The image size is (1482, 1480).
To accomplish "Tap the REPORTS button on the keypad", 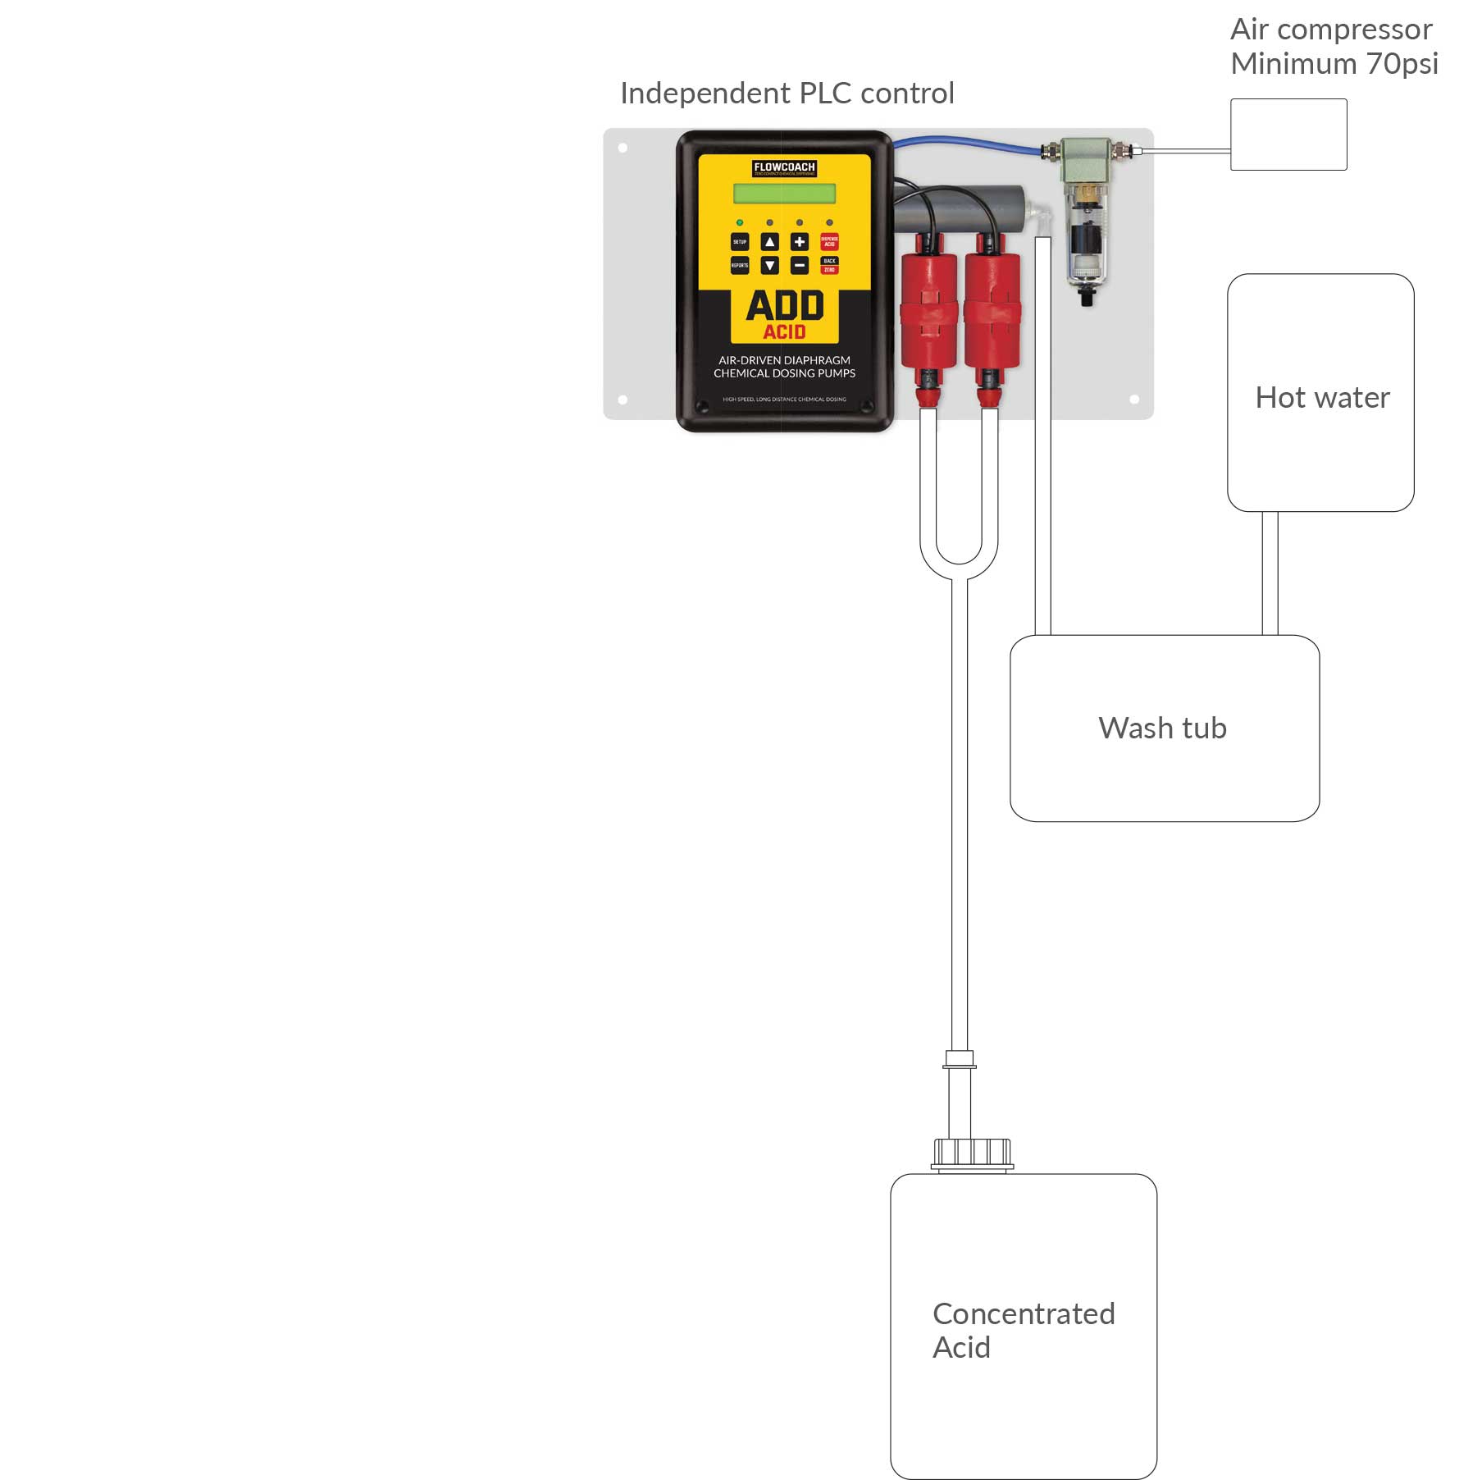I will point(739,265).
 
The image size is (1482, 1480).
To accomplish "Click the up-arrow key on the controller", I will point(769,242).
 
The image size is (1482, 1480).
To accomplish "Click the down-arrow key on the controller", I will point(769,265).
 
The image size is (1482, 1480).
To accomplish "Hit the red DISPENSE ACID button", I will point(829,242).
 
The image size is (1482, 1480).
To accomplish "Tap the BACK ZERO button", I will point(829,265).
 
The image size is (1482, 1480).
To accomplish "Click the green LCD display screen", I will point(784,194).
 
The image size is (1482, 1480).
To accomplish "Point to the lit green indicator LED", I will point(740,222).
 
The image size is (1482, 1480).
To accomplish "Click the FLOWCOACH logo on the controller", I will point(784,167).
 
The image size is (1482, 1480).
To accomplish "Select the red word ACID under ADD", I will point(784,332).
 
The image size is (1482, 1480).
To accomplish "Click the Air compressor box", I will point(1288,135).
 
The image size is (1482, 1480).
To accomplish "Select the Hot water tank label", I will point(1322,398).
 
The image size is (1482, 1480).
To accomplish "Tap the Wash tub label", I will point(1162,729).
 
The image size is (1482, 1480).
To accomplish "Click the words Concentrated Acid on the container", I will point(1023,1330).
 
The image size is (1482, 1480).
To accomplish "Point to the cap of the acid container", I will point(972,1153).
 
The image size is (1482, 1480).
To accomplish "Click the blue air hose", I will point(968,142).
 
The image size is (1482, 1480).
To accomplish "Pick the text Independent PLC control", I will point(787,94).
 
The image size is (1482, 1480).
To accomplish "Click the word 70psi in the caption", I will point(1402,64).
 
